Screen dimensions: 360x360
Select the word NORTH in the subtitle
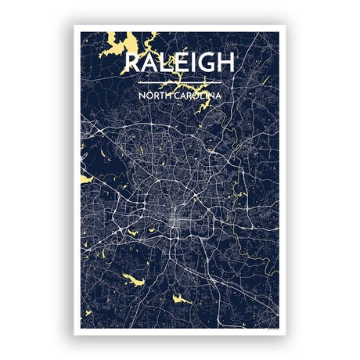153,95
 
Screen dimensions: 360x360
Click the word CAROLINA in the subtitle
197,95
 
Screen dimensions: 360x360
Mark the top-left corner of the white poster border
75,27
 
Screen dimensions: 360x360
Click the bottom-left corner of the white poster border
75,334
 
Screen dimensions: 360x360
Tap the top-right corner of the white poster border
286,27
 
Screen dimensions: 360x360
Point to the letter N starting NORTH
140,95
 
